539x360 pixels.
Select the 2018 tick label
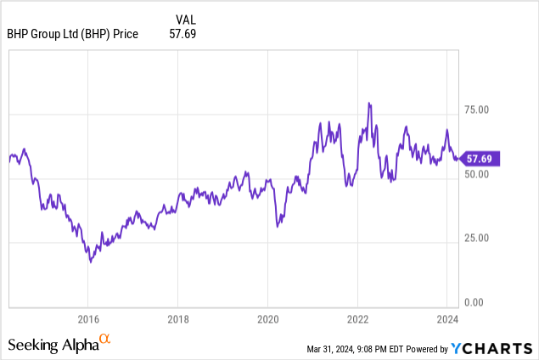point(177,319)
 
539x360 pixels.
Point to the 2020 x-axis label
point(267,319)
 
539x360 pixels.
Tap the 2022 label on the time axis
point(357,319)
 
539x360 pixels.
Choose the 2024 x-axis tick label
point(447,319)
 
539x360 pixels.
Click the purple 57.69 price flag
point(484,158)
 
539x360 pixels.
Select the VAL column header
point(185,19)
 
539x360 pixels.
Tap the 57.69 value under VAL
point(181,33)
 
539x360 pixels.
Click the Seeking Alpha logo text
point(53,345)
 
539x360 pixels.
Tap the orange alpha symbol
point(105,340)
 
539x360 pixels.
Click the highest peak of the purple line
point(369,103)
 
